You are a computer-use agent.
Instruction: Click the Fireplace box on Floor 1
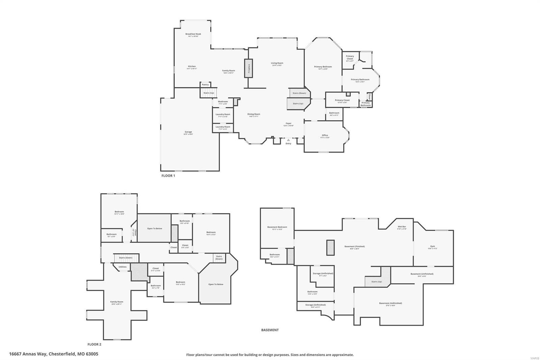pyautogui.click(x=249, y=69)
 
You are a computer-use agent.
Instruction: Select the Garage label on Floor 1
pyautogui.click(x=188, y=132)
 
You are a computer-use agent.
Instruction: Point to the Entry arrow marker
pyautogui.click(x=288, y=139)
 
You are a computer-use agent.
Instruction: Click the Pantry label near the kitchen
pyautogui.click(x=205, y=84)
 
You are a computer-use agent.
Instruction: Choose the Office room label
pyautogui.click(x=325, y=135)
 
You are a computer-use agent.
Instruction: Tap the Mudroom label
pyautogui.click(x=223, y=102)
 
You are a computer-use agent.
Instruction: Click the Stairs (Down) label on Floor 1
pyautogui.click(x=299, y=93)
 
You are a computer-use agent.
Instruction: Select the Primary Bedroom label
pyautogui.click(x=323, y=67)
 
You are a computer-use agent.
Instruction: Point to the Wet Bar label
pyautogui.click(x=402, y=227)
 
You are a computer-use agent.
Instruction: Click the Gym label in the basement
pyautogui.click(x=432, y=246)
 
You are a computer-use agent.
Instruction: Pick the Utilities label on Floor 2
pyautogui.click(x=123, y=267)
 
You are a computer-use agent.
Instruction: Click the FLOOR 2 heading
pyautogui.click(x=94, y=344)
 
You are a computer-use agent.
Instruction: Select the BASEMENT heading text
pyautogui.click(x=270, y=330)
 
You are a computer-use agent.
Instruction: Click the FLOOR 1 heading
pyautogui.click(x=168, y=176)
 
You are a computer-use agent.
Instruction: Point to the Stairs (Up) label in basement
pyautogui.click(x=376, y=282)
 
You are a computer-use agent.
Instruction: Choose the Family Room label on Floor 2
pyautogui.click(x=117, y=302)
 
